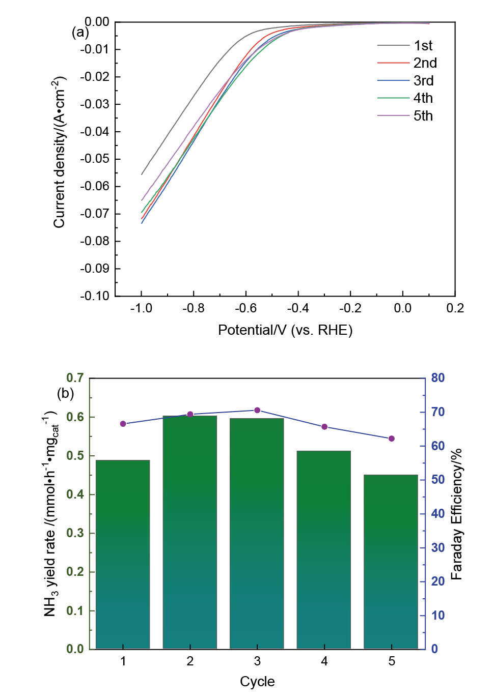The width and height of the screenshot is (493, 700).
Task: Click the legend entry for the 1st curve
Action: (x=404, y=46)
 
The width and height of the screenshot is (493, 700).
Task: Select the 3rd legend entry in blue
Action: (x=404, y=81)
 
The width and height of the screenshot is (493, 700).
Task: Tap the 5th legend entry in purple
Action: (x=404, y=116)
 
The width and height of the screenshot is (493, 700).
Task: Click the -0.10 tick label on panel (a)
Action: (x=95, y=296)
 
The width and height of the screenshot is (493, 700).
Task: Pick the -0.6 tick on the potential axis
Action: (x=245, y=308)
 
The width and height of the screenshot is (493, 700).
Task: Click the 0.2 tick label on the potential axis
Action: (x=455, y=308)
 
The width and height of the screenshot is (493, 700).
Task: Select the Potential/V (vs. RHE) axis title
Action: (x=285, y=330)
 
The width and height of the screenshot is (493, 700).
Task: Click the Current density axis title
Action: (x=60, y=152)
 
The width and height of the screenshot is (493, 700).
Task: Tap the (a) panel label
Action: (x=80, y=33)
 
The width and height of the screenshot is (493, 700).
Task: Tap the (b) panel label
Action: (x=66, y=393)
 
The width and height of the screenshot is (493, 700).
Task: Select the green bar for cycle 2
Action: (x=190, y=532)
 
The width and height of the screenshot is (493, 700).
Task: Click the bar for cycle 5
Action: (x=391, y=562)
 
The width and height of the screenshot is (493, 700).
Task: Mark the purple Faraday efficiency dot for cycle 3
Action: (x=257, y=410)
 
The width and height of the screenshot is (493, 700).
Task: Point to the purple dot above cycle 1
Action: (x=123, y=424)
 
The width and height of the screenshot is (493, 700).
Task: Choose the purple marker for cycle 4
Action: (x=324, y=427)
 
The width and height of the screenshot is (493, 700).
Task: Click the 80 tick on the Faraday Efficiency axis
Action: (x=438, y=378)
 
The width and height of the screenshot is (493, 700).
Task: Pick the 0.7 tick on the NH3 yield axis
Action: (x=75, y=378)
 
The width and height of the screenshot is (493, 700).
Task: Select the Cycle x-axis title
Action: (x=257, y=682)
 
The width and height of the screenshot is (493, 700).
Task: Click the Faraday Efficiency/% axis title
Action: (x=456, y=514)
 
